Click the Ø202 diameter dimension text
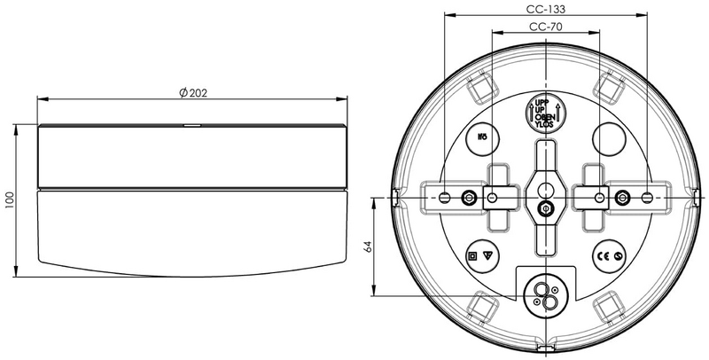(x=192, y=94)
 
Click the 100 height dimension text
(x=9, y=198)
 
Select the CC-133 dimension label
(x=545, y=8)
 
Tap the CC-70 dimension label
(x=545, y=27)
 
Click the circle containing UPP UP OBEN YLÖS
(x=545, y=113)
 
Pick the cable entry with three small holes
(x=545, y=296)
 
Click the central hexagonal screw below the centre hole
(x=545, y=210)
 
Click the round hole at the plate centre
(x=545, y=187)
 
